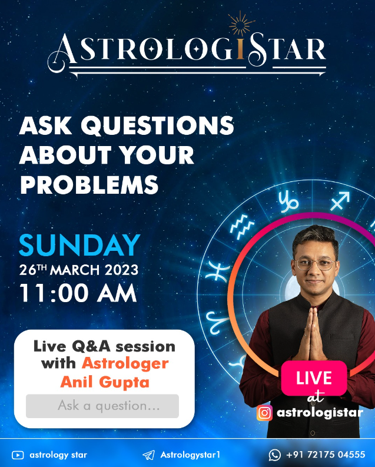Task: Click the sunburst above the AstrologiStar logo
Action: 242,24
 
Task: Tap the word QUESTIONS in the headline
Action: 157,125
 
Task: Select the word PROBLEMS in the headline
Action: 89,185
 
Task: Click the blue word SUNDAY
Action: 79,245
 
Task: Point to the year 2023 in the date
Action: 121,270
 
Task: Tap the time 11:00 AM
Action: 78,293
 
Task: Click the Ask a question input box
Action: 102,406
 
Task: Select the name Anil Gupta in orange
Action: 105,382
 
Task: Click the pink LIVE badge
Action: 314,378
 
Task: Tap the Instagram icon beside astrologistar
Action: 264,413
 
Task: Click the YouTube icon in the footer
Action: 18,455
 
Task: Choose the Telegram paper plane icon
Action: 148,455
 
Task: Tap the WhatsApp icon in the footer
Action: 275,455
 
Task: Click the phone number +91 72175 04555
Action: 326,455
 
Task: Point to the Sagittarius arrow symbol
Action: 340,201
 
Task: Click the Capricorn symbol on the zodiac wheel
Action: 288,202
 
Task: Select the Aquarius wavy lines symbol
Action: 243,227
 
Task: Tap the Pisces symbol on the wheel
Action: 219,270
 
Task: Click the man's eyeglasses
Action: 314,264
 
